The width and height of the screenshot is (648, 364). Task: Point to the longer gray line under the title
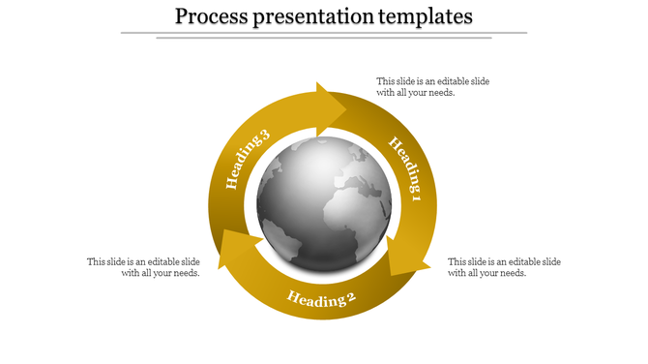pyautogui.click(x=324, y=33)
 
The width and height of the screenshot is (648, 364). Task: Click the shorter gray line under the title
pyautogui.click(x=324, y=39)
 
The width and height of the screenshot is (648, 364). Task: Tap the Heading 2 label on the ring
pyautogui.click(x=321, y=298)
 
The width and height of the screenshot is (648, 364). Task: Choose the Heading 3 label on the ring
pyautogui.click(x=246, y=159)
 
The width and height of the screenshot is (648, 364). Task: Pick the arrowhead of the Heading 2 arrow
pyautogui.click(x=232, y=249)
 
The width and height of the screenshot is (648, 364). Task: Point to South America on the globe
pyautogui.click(x=280, y=237)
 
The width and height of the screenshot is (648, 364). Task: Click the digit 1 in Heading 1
pyautogui.click(x=417, y=198)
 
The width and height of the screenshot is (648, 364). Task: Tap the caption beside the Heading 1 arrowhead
pyautogui.click(x=504, y=267)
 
